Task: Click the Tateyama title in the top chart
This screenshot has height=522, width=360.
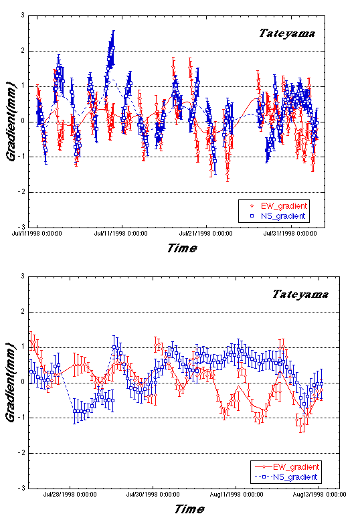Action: (x=287, y=33)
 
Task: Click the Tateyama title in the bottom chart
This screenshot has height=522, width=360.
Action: (x=300, y=294)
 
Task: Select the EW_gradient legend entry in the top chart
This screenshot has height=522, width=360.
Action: (x=279, y=206)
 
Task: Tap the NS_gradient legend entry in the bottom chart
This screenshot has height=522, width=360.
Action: (x=286, y=477)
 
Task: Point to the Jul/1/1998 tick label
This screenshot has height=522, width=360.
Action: (x=37, y=234)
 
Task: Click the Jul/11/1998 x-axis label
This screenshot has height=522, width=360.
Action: (x=120, y=234)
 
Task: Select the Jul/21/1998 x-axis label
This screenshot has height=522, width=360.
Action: (x=206, y=234)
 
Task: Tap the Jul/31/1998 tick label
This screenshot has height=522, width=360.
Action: (x=290, y=234)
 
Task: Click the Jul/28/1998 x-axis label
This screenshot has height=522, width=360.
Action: (x=70, y=495)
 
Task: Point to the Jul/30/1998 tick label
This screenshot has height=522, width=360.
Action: (x=153, y=495)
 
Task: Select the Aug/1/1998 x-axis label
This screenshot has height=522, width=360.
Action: (x=236, y=495)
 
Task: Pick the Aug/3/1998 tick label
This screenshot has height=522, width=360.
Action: (x=319, y=495)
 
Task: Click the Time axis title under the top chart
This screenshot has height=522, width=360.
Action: (x=182, y=248)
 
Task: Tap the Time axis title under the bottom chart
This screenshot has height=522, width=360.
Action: (x=189, y=509)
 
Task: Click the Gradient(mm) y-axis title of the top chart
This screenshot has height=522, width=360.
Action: (x=11, y=121)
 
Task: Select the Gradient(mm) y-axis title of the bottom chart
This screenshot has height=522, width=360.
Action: (x=11, y=382)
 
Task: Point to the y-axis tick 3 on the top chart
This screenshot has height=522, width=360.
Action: (x=23, y=15)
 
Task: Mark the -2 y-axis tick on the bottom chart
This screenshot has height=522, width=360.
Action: (x=21, y=453)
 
